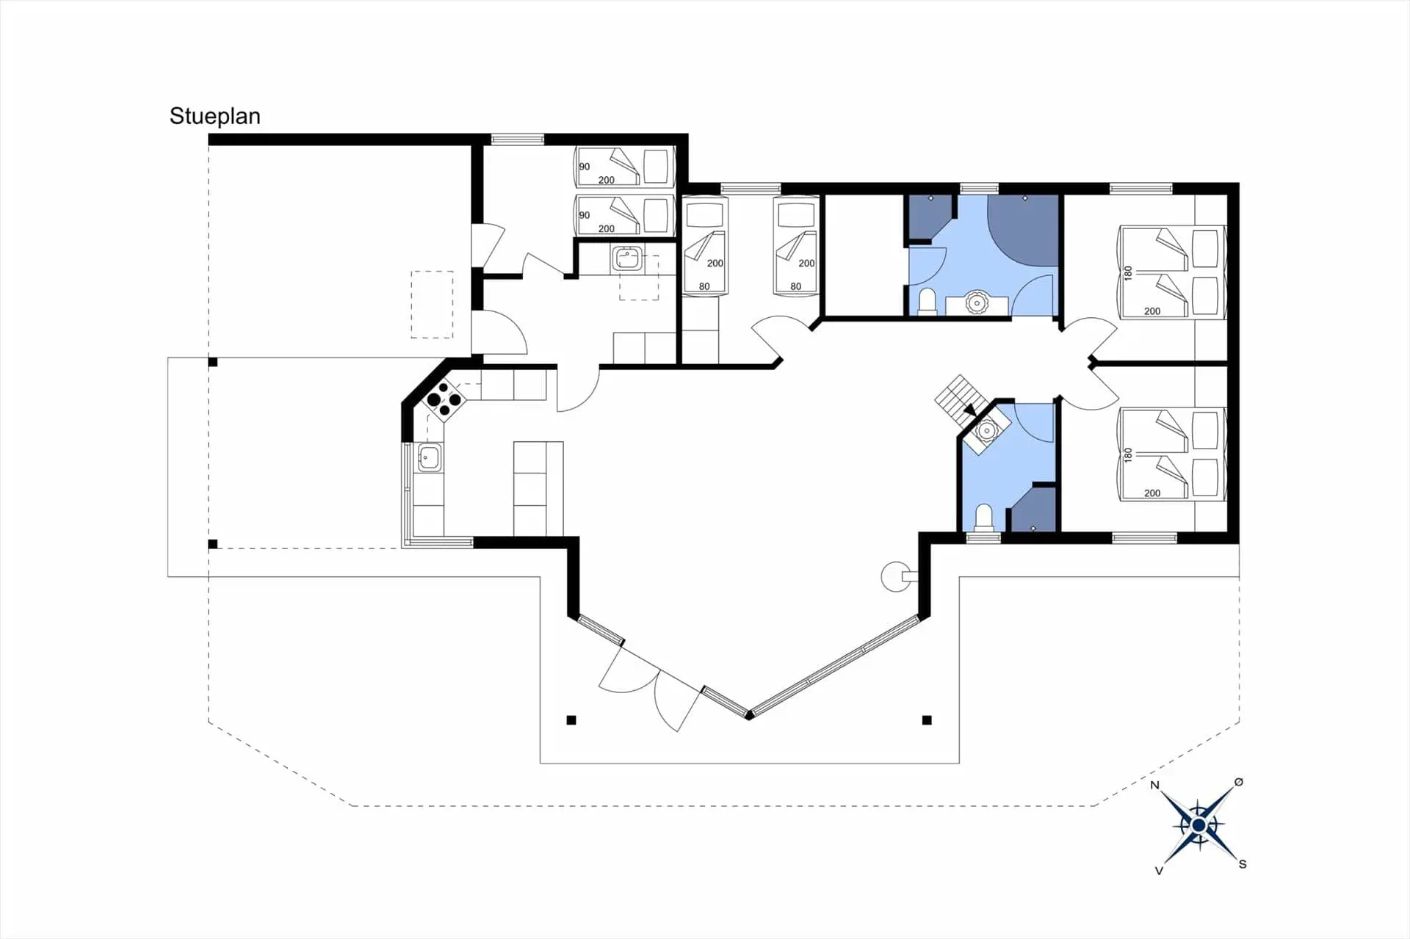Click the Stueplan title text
[x=215, y=116]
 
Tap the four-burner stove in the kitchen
[x=444, y=399]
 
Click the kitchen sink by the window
[x=429, y=458]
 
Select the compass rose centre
[x=1198, y=826]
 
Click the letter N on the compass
[x=1154, y=786]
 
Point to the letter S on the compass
[x=1243, y=864]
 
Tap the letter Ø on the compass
[x=1239, y=782]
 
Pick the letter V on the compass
[x=1159, y=871]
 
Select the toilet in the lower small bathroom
[x=983, y=517]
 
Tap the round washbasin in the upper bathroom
[x=977, y=302]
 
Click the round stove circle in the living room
[x=896, y=576]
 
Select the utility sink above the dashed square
[x=627, y=259]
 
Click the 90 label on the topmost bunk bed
[x=585, y=167]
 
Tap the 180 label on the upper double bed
[x=1128, y=273]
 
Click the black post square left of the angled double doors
[x=571, y=720]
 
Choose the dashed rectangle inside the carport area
[x=432, y=305]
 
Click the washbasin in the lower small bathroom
[x=987, y=431]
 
